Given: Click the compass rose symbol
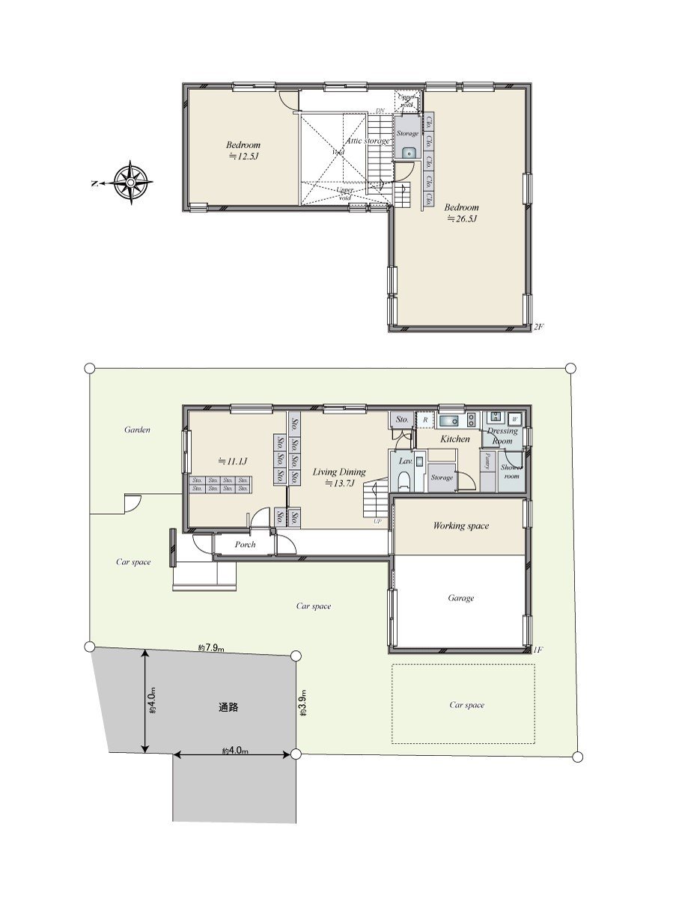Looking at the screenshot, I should point(132,182).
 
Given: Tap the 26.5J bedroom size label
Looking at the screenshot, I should point(462,219).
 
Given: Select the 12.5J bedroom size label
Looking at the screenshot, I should point(243,156).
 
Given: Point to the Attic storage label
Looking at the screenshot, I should point(368,141).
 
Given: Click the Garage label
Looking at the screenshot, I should point(461,598).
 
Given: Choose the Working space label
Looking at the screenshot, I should point(460,526).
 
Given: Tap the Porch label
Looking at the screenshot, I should point(245,545).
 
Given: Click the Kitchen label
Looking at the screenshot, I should point(454,439).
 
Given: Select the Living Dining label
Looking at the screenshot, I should point(339,472).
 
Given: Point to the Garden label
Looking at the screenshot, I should point(137,430).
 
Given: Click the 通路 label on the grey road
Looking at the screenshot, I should point(228,707).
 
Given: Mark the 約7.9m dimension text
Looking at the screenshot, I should point(212,647).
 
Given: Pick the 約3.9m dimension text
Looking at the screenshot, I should point(303,703).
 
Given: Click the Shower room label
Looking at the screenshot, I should point(511,471).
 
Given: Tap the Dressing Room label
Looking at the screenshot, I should point(502,436).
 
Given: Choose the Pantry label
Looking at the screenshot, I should point(488,460).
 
